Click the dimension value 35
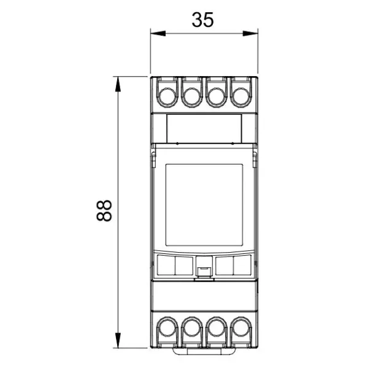[x=203, y=20]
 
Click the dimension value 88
[x=104, y=210]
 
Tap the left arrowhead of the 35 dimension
[x=158, y=34]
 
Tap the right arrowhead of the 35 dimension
[x=250, y=34]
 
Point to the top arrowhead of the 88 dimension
[x=118, y=84]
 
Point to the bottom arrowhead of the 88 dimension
[x=118, y=340]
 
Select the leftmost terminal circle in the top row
[x=167, y=97]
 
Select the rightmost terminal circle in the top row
[x=241, y=97]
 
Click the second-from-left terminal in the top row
[x=192, y=97]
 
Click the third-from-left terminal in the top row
[x=217, y=97]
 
